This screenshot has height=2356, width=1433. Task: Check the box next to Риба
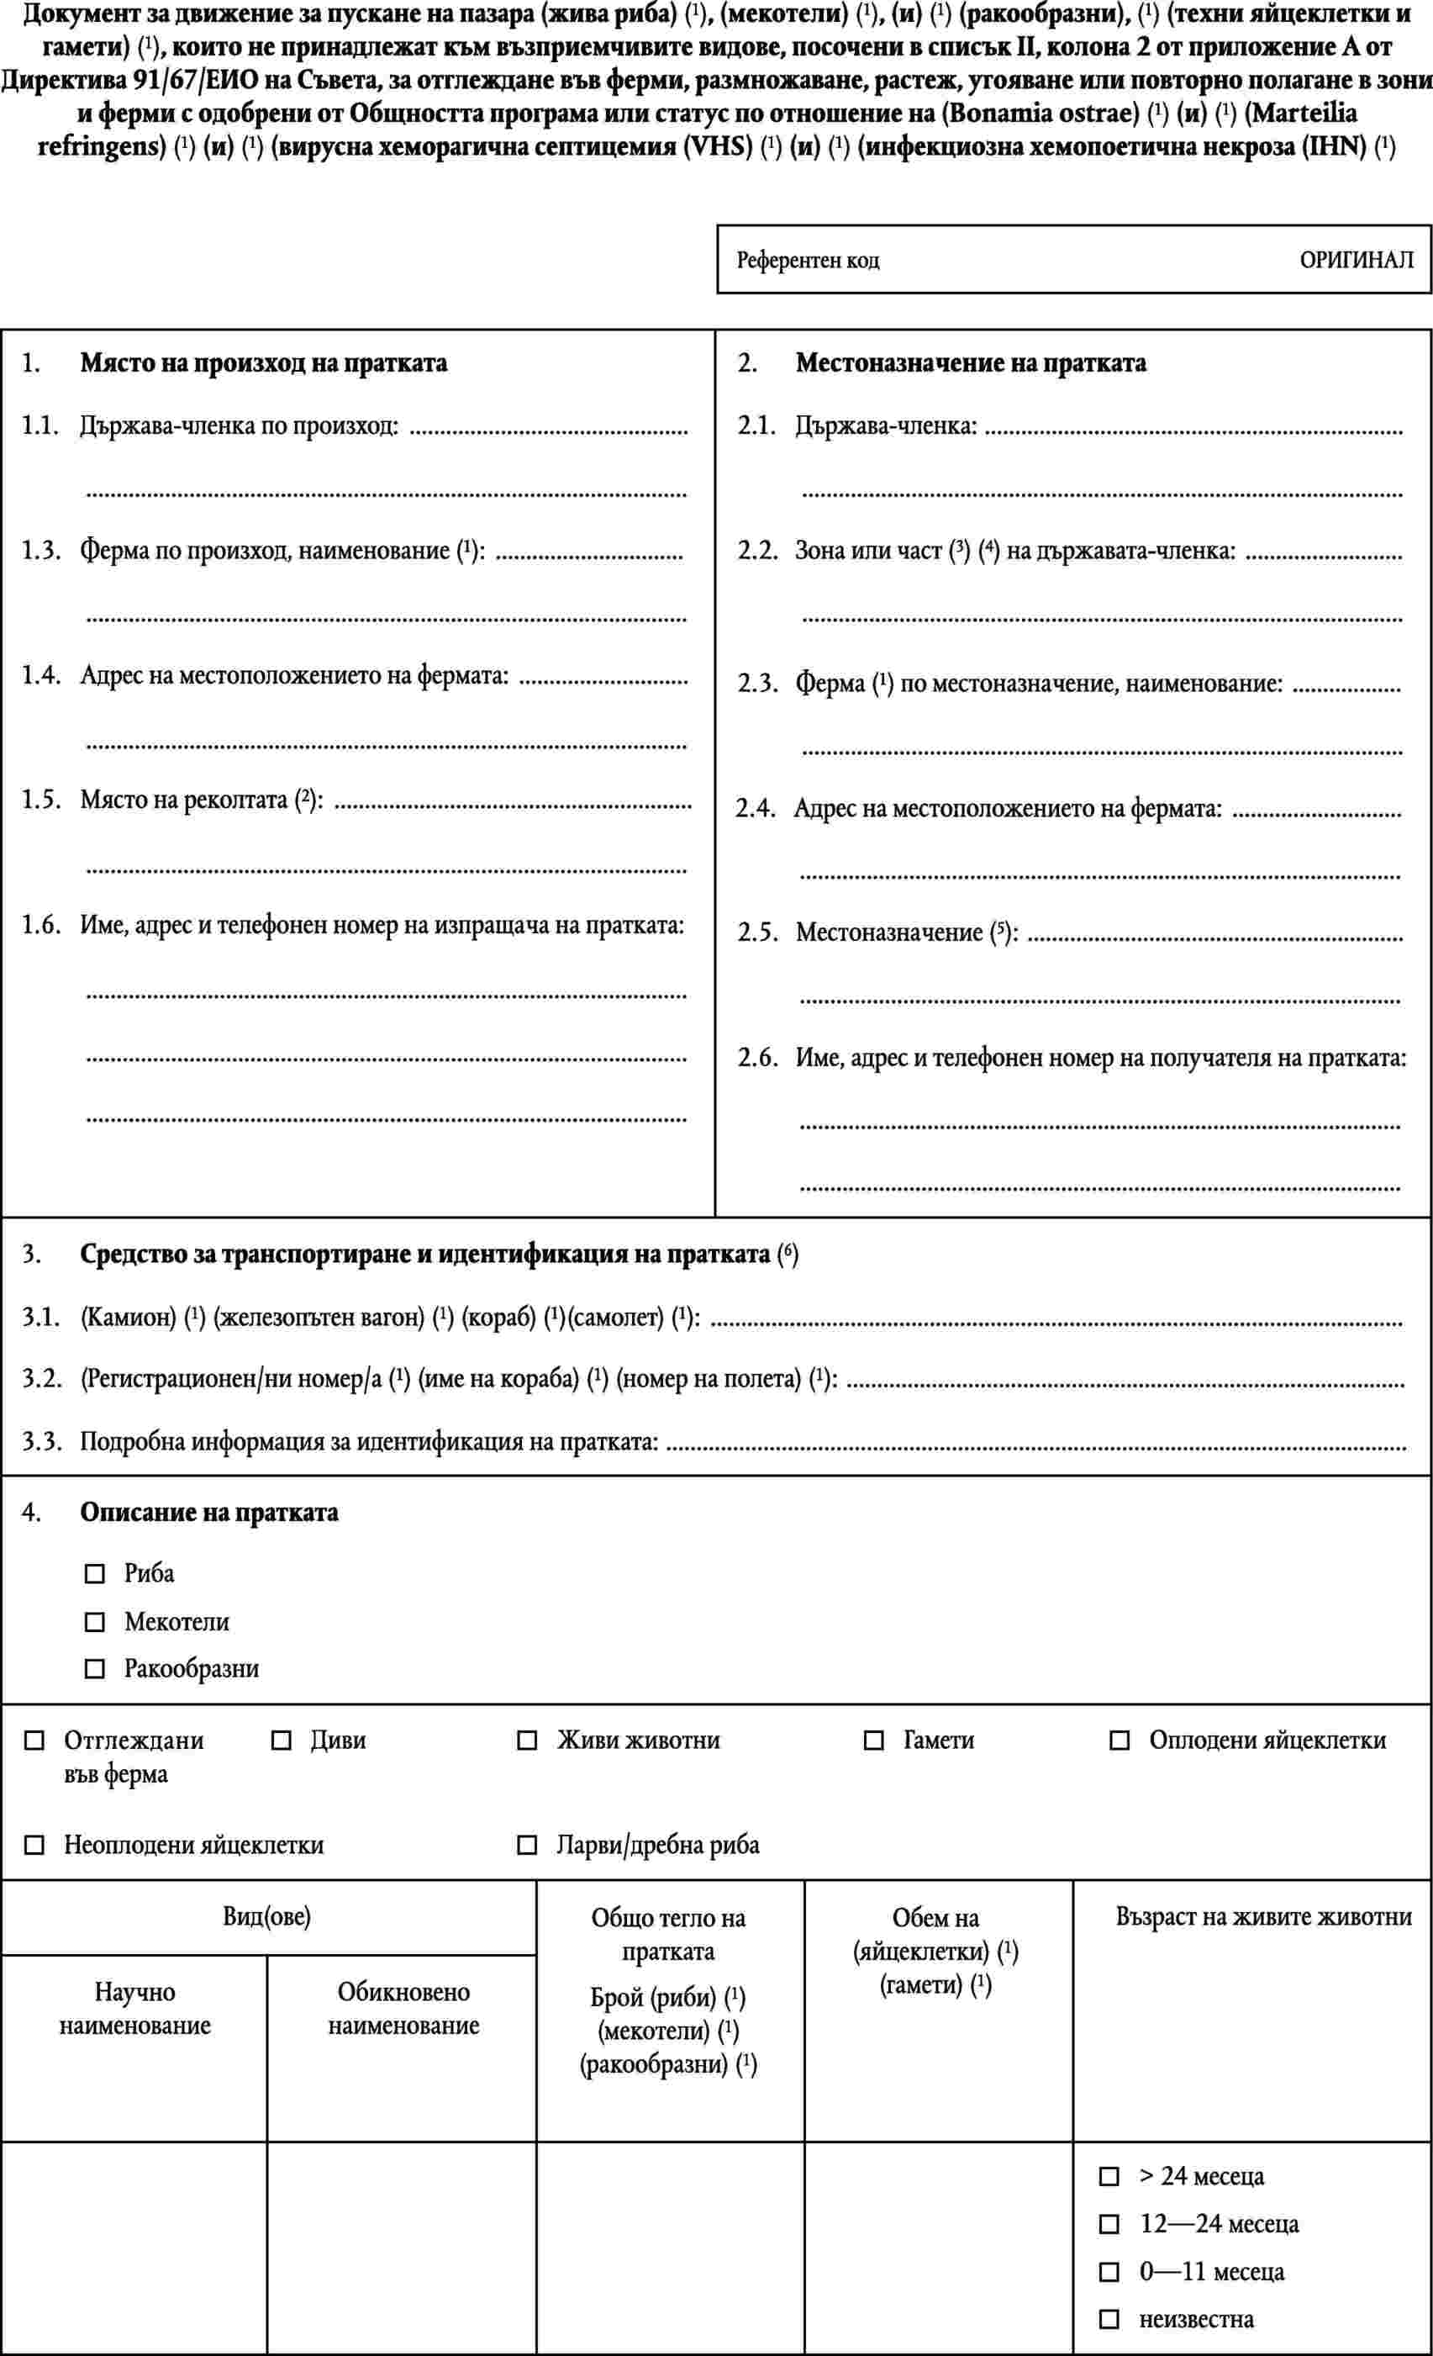pyautogui.click(x=95, y=1574)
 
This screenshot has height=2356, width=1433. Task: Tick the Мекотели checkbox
pyautogui.click(x=95, y=1623)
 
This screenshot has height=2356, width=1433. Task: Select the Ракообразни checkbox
pyautogui.click(x=95, y=1670)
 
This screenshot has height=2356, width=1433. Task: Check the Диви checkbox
pyautogui.click(x=281, y=1741)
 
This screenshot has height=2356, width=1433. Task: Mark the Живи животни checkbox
pyautogui.click(x=527, y=1741)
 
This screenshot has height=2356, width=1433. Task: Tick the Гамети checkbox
pyautogui.click(x=872, y=1741)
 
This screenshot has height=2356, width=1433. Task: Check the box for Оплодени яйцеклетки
pyautogui.click(x=1119, y=1741)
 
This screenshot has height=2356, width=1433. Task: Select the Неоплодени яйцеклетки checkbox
pyautogui.click(x=34, y=1846)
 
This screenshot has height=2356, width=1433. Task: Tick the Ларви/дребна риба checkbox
pyautogui.click(x=527, y=1846)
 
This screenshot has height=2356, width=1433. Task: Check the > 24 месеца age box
pyautogui.click(x=1109, y=2177)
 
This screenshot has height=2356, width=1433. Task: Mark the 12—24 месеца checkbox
pyautogui.click(x=1109, y=2225)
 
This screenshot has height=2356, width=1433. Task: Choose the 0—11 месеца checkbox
pyautogui.click(x=1109, y=2272)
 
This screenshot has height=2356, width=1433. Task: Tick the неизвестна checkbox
pyautogui.click(x=1109, y=2319)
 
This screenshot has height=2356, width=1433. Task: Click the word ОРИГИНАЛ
pyautogui.click(x=1356, y=260)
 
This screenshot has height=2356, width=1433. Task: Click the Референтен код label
pyautogui.click(x=808, y=260)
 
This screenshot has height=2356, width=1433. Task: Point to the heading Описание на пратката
pyautogui.click(x=208, y=1513)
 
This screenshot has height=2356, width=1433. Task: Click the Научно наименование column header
pyautogui.click(x=134, y=2009)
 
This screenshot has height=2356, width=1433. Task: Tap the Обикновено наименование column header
pyautogui.click(x=403, y=2009)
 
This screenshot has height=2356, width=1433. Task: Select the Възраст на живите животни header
pyautogui.click(x=1263, y=1916)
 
